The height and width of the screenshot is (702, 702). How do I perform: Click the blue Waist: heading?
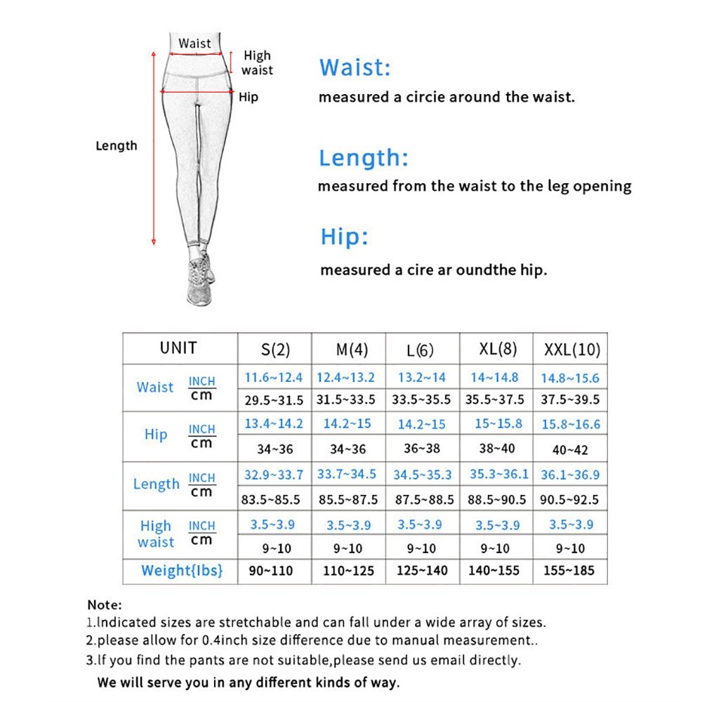coord(355,68)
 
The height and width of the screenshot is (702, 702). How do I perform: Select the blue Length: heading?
coord(363,158)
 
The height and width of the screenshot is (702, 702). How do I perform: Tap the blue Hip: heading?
coord(344,237)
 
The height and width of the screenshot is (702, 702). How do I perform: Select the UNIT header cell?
coord(178,348)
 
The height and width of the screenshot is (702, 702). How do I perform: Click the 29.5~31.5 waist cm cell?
coord(274,400)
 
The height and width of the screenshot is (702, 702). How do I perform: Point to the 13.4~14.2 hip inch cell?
coord(274,423)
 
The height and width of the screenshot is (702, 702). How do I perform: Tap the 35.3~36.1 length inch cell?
coord(498,474)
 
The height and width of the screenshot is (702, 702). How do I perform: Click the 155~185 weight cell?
coord(569,571)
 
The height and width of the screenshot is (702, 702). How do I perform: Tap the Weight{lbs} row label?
coord(181,571)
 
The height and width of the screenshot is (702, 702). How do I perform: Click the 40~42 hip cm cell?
coord(570,450)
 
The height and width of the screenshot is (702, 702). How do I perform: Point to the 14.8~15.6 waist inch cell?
coord(570,378)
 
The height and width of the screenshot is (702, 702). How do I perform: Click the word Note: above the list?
coord(105,604)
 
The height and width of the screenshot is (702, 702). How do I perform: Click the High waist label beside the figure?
coord(257,63)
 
